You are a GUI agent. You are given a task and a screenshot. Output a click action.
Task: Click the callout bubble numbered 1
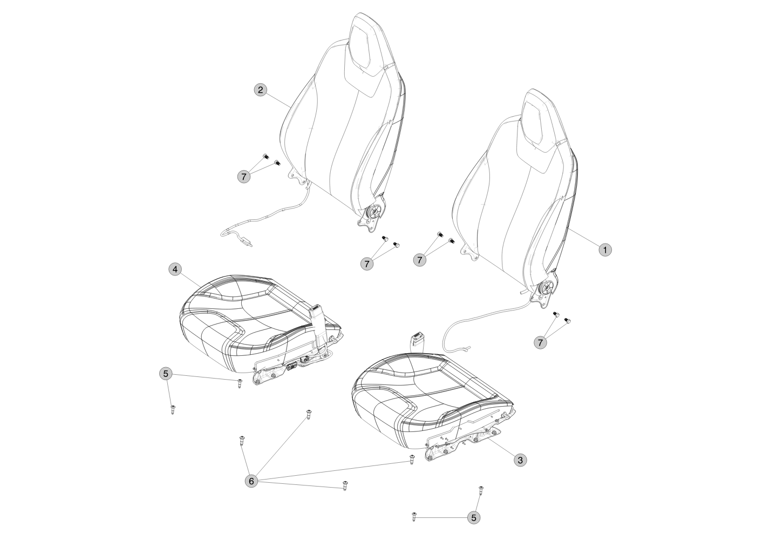click(605, 250)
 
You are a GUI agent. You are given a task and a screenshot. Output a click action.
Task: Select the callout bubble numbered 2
click(261, 90)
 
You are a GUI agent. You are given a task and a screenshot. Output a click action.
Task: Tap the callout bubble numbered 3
click(520, 460)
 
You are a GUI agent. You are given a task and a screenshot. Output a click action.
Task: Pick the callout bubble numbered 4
click(175, 269)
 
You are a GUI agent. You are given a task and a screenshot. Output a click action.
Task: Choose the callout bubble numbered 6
click(251, 481)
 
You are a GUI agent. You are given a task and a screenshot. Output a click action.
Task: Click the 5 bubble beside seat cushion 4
click(166, 374)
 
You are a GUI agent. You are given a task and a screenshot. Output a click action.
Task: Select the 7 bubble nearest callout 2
click(243, 177)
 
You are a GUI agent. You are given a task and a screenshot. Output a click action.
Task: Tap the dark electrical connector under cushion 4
click(291, 367)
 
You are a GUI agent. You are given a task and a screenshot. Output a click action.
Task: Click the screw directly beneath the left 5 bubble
click(173, 409)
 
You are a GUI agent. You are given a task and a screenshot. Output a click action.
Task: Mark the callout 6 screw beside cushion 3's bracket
click(412, 460)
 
